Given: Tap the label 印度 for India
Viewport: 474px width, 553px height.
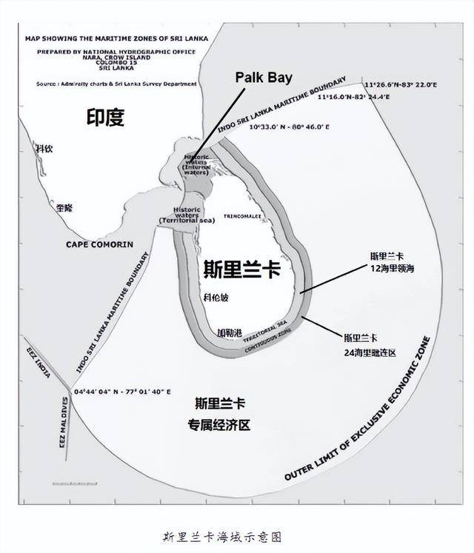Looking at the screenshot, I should (x=105, y=117).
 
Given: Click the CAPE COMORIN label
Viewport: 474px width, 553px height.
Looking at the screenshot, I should (x=99, y=244).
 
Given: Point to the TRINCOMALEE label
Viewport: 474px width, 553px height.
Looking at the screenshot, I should (x=254, y=217).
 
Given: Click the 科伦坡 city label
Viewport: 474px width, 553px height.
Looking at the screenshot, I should (x=216, y=298).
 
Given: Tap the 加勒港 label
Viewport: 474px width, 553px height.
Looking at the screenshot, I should (x=229, y=333).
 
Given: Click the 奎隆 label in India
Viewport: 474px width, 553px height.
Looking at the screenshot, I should (x=64, y=210).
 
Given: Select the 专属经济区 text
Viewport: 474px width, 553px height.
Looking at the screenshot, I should (x=219, y=426).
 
